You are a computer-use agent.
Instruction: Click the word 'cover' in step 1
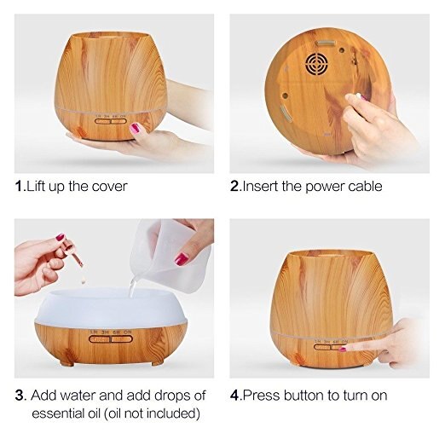pos(110,186)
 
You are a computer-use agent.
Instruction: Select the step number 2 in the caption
pos(234,186)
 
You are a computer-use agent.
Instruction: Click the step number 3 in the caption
pos(20,396)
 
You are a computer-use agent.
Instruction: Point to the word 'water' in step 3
pos(77,396)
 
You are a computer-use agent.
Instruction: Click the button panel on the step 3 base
pos(109,338)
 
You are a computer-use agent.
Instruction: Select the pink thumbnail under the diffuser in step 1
pos(135,128)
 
